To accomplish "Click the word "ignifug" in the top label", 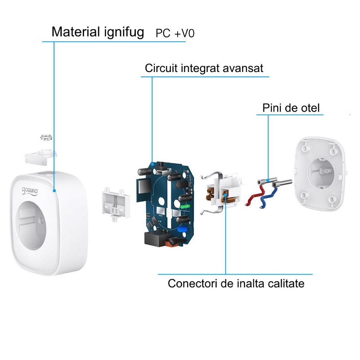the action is tap(124, 32).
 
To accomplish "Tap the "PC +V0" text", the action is tap(175, 33).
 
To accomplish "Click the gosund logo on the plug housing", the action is tap(30, 191).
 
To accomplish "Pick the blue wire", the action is tap(268, 198).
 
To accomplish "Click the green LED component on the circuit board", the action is tap(184, 207).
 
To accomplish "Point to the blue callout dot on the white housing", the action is tap(54, 190).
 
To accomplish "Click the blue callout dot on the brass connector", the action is tap(225, 195).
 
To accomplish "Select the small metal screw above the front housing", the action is tap(46, 137).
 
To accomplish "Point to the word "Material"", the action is tap(76, 32).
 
